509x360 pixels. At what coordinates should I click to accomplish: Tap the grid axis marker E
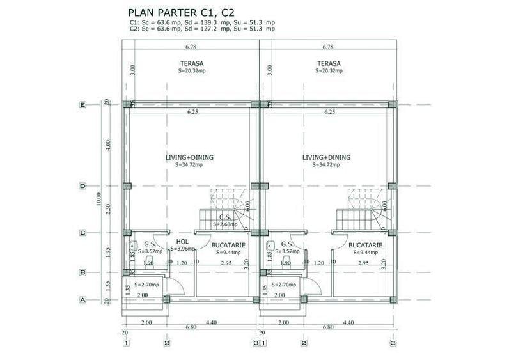coord(82,105)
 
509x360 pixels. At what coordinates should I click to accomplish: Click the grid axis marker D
coord(82,187)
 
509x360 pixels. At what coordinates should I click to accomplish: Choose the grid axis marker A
coord(82,299)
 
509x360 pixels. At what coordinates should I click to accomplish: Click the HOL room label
coord(182,242)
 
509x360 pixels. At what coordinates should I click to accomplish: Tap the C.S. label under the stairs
coord(225,217)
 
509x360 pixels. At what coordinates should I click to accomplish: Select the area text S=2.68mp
coord(225,224)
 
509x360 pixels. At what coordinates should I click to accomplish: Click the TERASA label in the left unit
coord(192,63)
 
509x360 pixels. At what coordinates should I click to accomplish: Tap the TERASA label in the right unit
coord(329,63)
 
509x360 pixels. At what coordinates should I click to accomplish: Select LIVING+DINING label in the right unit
coord(326,157)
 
